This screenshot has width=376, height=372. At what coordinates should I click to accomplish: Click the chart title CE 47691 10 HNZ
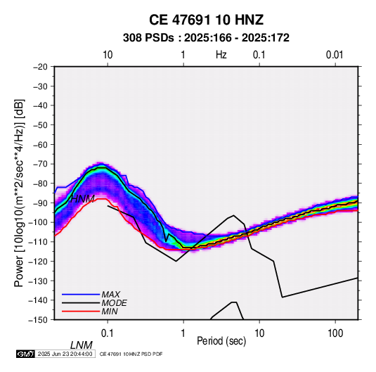pos(206,20)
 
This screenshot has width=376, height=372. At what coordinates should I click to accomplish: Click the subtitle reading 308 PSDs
pos(148,38)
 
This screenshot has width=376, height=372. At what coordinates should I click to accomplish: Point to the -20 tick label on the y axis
pos(40,67)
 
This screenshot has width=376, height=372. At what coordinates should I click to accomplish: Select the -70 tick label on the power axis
pos(40,164)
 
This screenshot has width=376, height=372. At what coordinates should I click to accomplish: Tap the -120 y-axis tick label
pos(38,261)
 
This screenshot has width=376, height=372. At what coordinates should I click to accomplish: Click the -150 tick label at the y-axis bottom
pos(38,320)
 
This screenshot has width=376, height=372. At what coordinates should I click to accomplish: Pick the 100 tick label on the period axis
pos(335,333)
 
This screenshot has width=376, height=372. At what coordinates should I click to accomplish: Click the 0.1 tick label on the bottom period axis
pos(108,333)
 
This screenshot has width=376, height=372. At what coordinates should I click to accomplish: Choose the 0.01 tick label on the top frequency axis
pos(335,55)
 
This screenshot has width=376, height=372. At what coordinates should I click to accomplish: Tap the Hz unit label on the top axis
pos(221,55)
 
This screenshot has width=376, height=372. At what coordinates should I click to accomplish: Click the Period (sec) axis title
pos(221,341)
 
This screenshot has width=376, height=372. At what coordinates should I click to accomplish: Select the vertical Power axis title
pos(19,193)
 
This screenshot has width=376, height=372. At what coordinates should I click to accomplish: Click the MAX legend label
pos(111,294)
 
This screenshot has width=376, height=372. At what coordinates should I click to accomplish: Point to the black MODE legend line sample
pos(81,303)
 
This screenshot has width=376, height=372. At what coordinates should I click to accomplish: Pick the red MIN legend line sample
pos(81,312)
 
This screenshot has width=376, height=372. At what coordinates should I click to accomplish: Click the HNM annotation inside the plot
pos(82,199)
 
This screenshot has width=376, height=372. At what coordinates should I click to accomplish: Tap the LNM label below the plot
pos(82,345)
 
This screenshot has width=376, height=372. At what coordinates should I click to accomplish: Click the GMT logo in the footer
pos(26,354)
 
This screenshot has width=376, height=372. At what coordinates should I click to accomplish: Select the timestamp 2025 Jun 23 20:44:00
pos(65,354)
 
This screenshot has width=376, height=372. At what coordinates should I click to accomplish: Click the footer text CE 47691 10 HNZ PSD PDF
pos(131,354)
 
